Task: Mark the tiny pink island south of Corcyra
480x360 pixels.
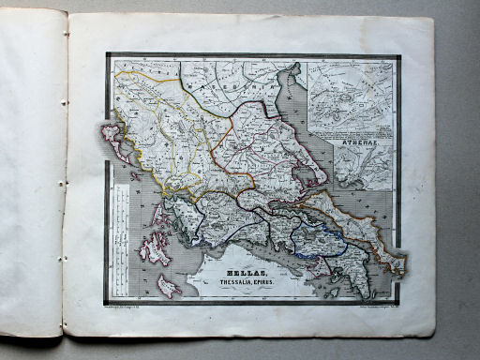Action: coord(136,175)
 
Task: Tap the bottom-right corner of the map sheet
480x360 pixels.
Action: coord(434,335)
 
